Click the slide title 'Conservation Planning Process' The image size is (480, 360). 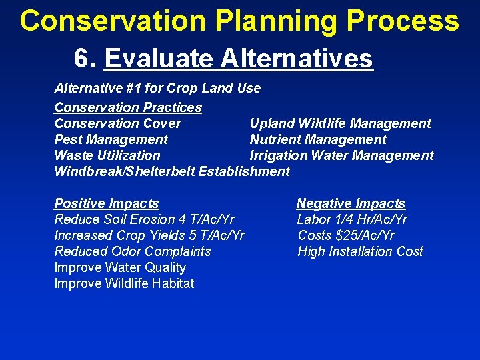click(239, 21)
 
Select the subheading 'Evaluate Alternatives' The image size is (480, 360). click(239, 58)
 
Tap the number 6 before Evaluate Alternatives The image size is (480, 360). click(83, 58)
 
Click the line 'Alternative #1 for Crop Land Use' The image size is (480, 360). click(157, 88)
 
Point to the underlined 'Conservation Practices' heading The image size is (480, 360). click(128, 107)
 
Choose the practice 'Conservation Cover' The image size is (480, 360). click(117, 123)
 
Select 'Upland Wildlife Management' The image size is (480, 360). click(340, 123)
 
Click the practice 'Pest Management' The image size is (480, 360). click(111, 139)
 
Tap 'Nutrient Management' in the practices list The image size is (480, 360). click(318, 139)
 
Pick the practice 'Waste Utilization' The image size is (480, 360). click(107, 155)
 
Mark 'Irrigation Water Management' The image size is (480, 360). click(341, 155)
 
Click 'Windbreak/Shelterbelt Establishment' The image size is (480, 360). click(172, 171)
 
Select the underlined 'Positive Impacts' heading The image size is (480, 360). click(107, 203)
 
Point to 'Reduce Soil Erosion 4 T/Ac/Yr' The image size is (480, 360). click(144, 219)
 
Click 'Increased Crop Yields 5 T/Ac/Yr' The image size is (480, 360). click(149, 235)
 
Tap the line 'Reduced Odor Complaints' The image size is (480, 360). click(132, 251)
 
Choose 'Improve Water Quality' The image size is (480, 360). click(120, 267)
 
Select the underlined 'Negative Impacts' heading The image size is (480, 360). click(351, 203)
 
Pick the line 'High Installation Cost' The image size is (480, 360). click(360, 251)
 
